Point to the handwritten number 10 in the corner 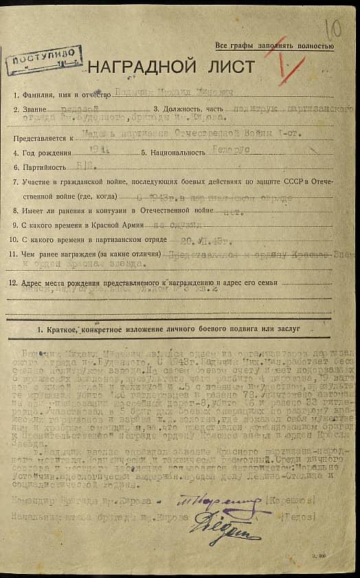coord(335,29)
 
